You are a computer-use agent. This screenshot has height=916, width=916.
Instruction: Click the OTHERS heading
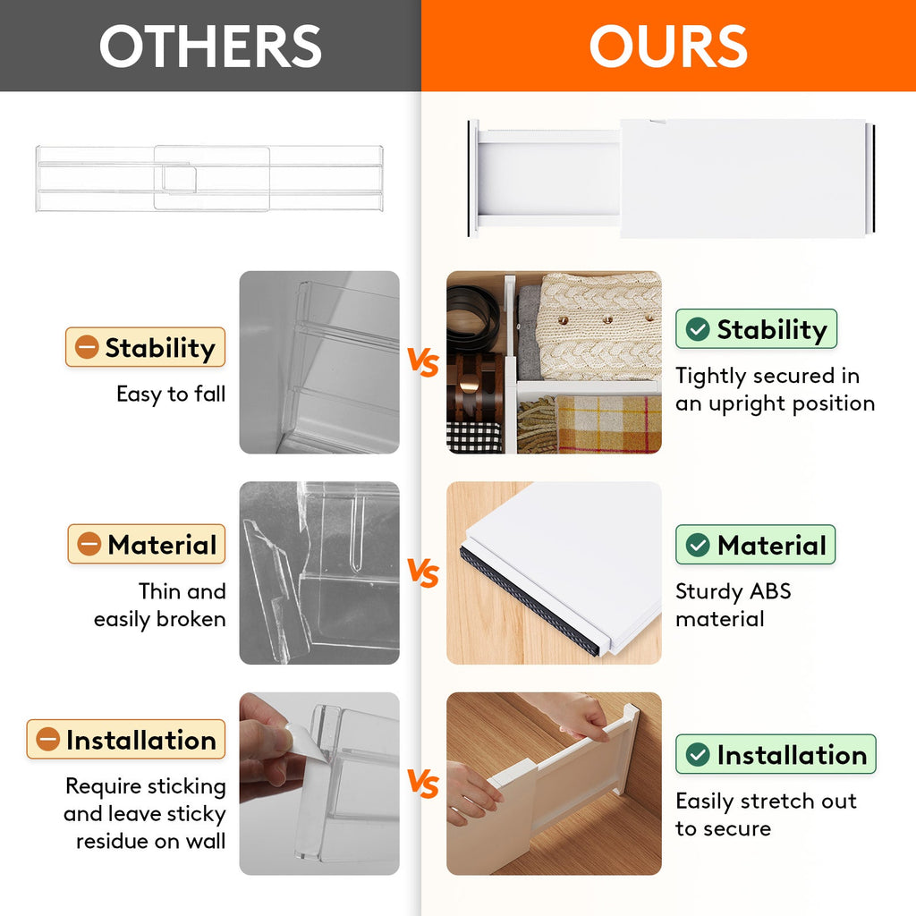(210, 46)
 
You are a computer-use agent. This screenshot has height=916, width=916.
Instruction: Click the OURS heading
(668, 46)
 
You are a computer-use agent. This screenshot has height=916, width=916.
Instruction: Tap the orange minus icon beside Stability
(87, 347)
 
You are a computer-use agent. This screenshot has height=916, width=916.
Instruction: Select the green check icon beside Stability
(698, 329)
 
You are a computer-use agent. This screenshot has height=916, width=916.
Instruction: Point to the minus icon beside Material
(89, 544)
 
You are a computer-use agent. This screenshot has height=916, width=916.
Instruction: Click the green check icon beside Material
(698, 544)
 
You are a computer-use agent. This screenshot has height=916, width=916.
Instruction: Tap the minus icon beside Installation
(47, 740)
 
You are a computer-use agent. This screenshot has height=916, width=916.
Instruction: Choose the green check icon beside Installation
(698, 755)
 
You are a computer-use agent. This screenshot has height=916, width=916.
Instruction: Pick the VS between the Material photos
(423, 573)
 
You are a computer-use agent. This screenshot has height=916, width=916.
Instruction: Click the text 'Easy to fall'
(171, 394)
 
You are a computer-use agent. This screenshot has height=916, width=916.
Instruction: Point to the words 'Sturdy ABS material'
(733, 605)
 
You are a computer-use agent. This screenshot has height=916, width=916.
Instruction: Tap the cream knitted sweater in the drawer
(601, 324)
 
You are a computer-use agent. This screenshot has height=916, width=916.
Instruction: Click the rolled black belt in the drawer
(473, 318)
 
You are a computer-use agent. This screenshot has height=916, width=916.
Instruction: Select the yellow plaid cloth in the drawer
(608, 423)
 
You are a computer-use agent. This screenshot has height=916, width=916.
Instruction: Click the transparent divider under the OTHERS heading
(210, 178)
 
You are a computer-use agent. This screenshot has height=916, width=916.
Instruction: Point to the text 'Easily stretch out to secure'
(765, 814)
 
